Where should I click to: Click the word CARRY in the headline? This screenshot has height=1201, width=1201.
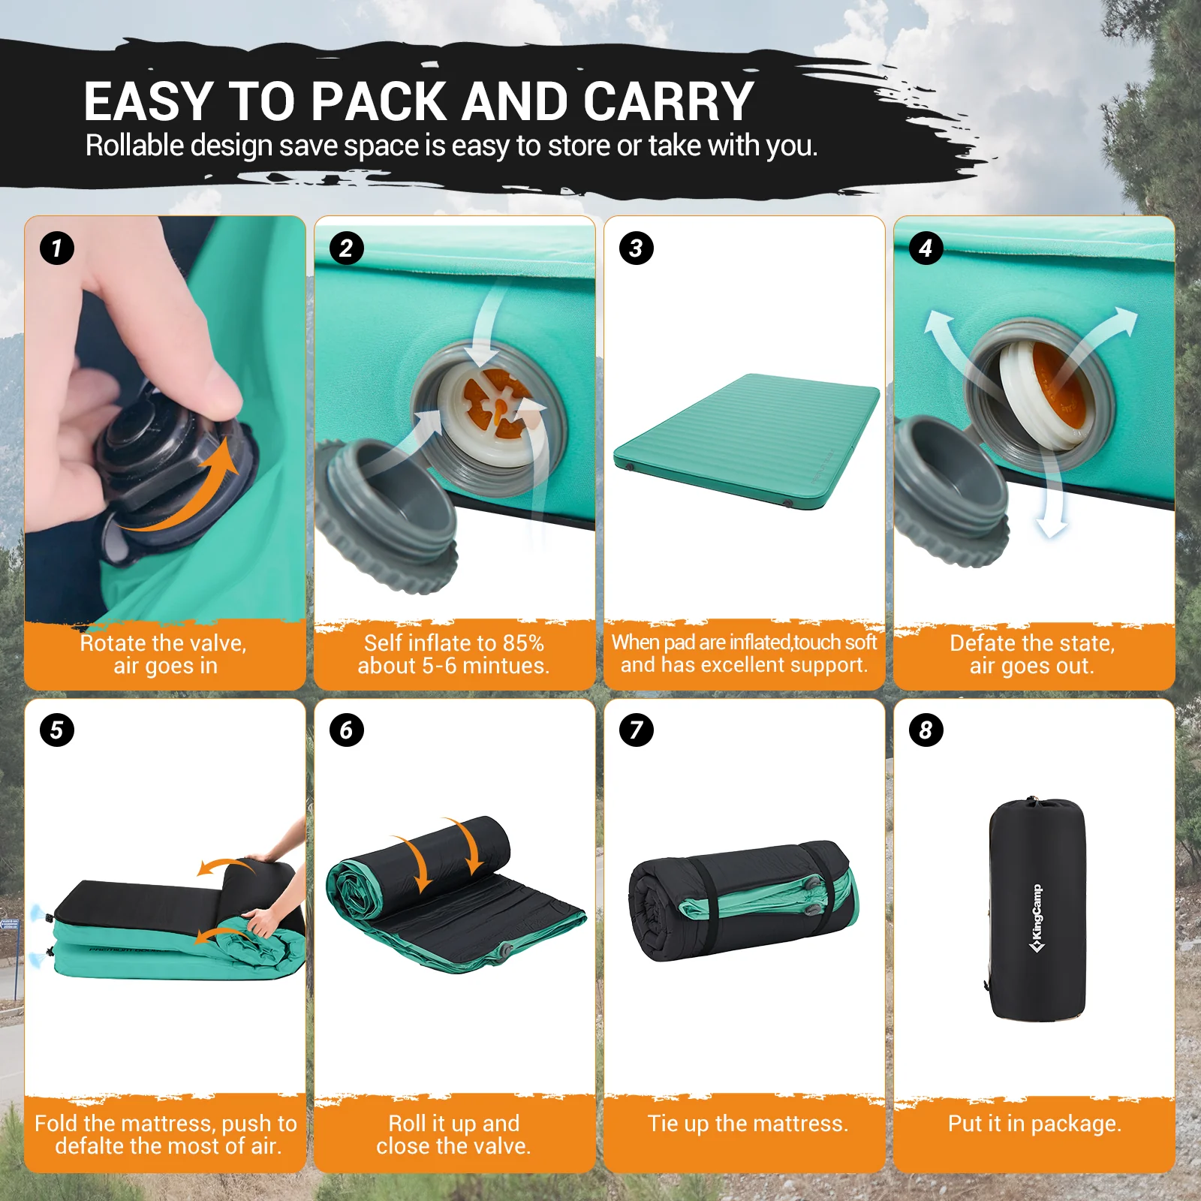(668, 101)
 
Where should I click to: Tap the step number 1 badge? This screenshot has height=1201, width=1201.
(57, 248)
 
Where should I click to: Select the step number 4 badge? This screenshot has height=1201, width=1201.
(926, 248)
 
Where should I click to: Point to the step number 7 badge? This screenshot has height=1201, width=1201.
(637, 730)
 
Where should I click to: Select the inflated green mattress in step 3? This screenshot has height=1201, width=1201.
(747, 439)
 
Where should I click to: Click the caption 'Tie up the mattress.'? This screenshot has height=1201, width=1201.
(748, 1124)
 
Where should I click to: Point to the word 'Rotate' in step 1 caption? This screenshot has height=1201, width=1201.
(113, 643)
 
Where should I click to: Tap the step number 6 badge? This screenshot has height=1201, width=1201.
(347, 730)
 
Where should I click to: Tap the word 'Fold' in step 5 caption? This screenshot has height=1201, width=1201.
(56, 1124)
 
